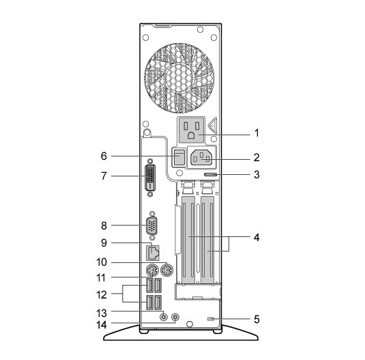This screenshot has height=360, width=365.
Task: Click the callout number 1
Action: (257, 133)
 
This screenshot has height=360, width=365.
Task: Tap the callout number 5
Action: (257, 319)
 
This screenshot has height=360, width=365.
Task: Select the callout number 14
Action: (102, 324)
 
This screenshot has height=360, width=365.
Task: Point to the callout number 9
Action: (104, 243)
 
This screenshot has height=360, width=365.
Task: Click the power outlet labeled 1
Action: (191, 130)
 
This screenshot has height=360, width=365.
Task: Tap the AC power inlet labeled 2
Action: (201, 158)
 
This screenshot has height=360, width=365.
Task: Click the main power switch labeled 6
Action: (179, 157)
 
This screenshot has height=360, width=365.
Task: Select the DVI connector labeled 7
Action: (150, 178)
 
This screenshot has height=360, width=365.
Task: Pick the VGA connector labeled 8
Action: (151, 226)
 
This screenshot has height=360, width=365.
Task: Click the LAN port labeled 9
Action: (153, 253)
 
